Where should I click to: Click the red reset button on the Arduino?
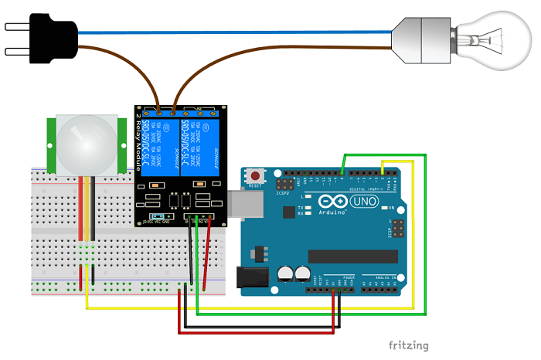[x=255, y=175]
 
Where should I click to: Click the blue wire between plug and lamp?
[x=232, y=32]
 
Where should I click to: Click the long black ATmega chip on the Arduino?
[x=346, y=256]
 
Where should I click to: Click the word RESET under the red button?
[x=255, y=186]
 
